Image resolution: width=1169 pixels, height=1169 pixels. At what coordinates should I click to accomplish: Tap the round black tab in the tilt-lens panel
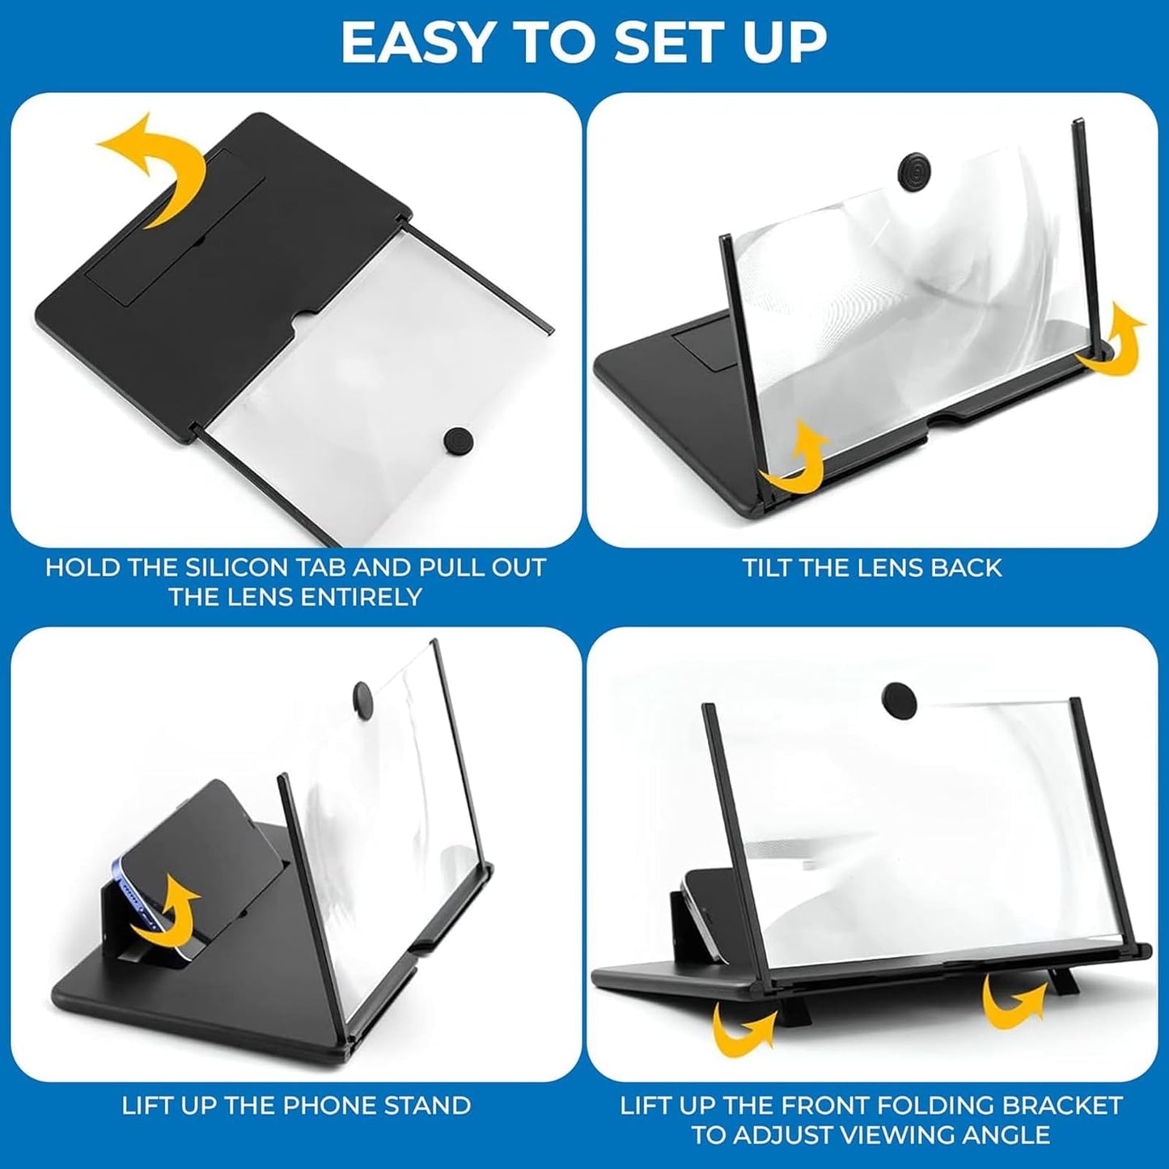click(x=914, y=169)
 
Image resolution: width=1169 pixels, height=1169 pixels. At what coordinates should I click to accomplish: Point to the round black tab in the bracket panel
click(x=898, y=694)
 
